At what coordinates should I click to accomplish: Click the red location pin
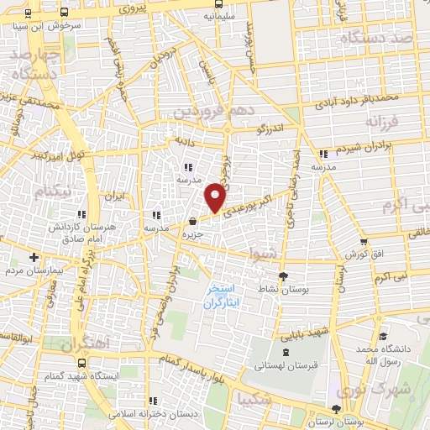coord(216,197)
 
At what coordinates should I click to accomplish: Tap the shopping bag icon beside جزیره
coord(193,222)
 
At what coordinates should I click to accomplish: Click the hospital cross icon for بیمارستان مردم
coord(34,257)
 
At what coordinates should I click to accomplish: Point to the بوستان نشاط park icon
coord(282,276)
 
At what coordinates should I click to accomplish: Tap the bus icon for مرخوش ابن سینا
coord(29,14)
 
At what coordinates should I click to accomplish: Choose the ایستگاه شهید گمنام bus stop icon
coord(81,363)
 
